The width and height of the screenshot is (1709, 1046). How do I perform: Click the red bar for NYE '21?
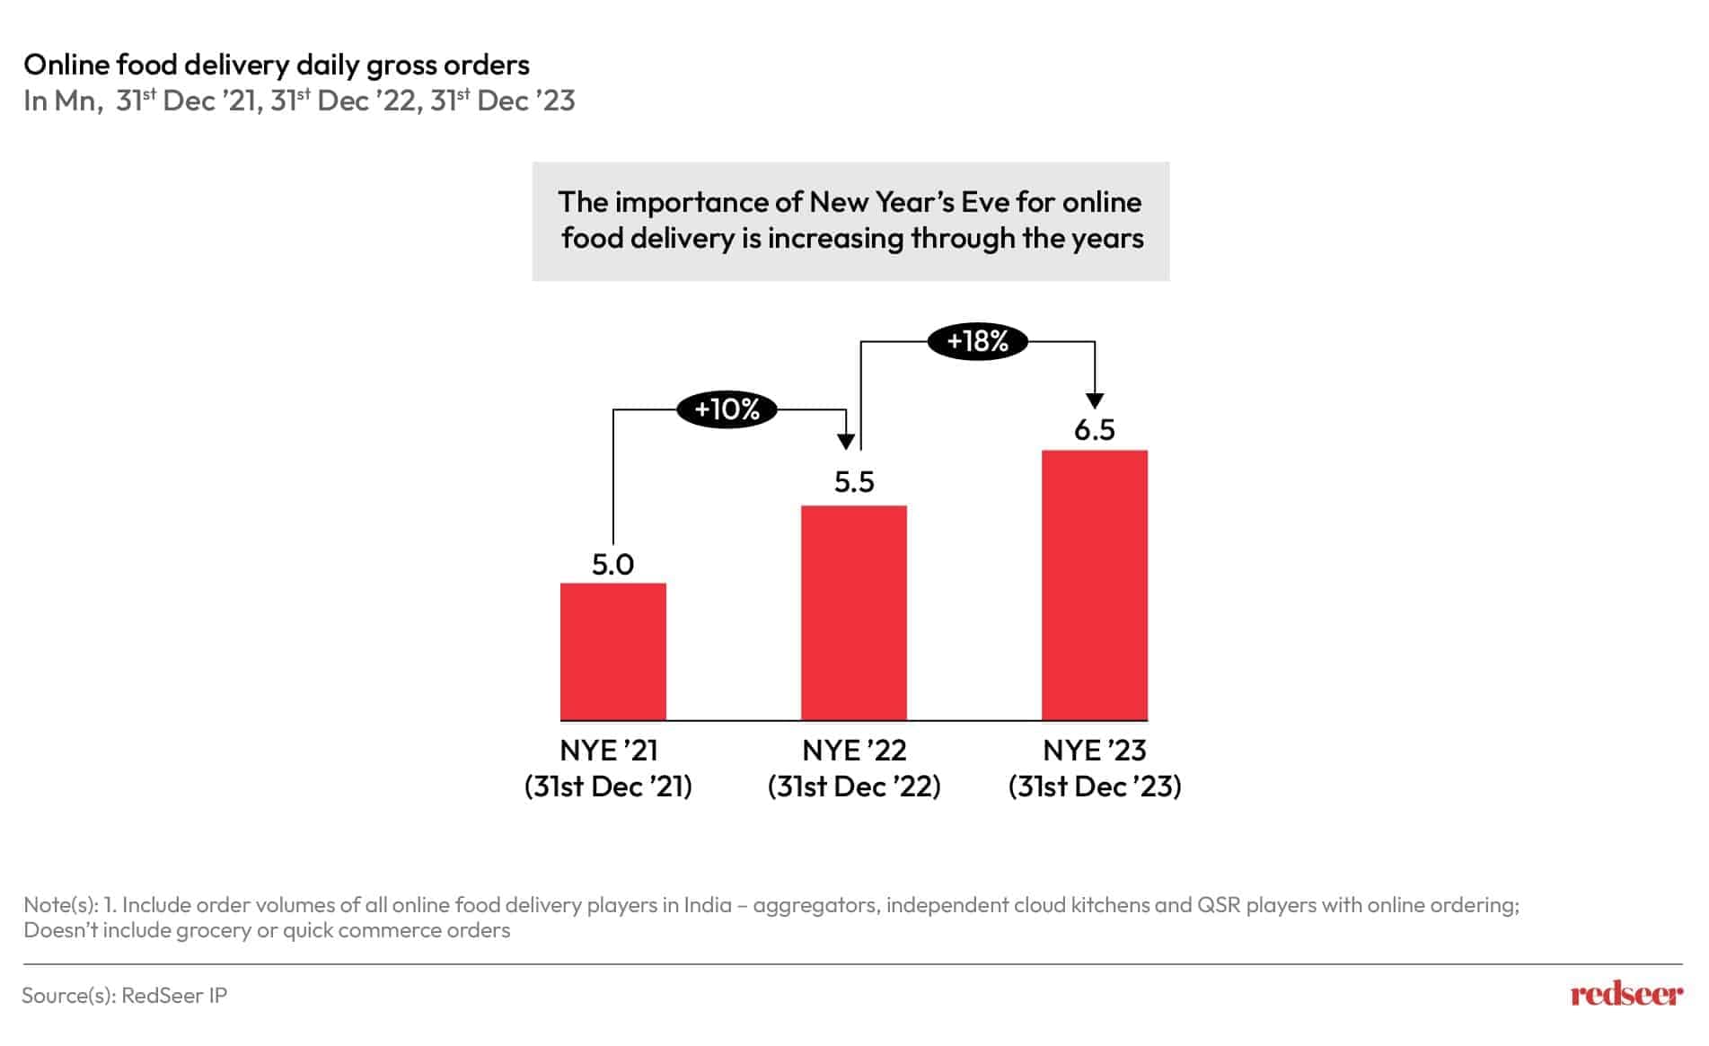(613, 651)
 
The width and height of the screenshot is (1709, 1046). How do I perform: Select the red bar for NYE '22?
(854, 612)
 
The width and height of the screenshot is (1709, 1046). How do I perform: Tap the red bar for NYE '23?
(1095, 585)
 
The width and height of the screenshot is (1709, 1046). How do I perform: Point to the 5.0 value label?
(613, 564)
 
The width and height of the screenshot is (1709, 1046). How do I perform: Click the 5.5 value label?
(854, 482)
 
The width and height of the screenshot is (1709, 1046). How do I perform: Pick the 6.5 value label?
(1095, 430)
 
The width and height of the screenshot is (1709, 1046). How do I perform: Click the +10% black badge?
(727, 409)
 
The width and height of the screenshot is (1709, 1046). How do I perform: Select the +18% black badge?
(978, 341)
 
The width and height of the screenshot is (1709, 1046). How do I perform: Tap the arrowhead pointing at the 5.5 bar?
(845, 441)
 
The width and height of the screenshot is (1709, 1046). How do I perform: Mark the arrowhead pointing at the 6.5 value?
(1095, 400)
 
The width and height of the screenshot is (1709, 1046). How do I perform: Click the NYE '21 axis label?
(609, 750)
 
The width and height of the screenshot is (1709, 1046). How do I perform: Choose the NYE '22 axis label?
(854, 750)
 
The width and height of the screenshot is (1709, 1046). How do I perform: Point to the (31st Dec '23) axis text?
(1095, 787)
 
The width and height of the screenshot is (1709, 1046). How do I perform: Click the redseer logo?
(1626, 994)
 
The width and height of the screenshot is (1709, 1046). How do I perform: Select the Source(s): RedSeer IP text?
(125, 995)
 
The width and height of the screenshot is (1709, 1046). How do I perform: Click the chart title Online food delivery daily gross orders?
(277, 65)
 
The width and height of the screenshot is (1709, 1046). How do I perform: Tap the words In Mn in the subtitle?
(59, 101)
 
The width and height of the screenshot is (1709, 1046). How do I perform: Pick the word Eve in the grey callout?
(985, 202)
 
